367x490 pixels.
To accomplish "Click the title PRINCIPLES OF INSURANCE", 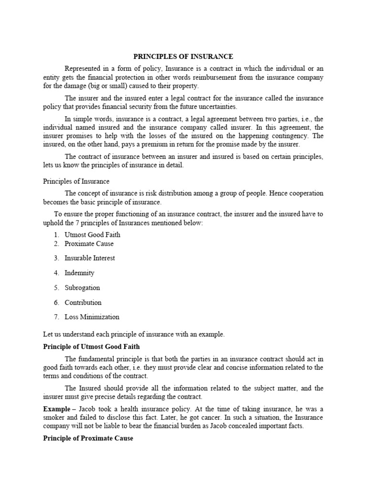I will click(183, 57).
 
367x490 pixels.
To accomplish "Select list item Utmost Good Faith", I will click(92, 234).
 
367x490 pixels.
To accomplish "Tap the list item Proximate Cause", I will click(89, 244).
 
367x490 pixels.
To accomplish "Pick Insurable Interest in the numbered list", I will click(89, 258).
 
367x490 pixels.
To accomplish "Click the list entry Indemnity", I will click(79, 273).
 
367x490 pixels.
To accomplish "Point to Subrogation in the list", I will click(82, 288).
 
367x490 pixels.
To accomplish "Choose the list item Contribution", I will click(83, 302).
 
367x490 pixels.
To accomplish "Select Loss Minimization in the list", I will click(92, 317).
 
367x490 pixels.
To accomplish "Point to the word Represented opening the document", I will click(85, 69).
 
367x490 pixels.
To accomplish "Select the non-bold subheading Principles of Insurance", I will click(76, 181).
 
